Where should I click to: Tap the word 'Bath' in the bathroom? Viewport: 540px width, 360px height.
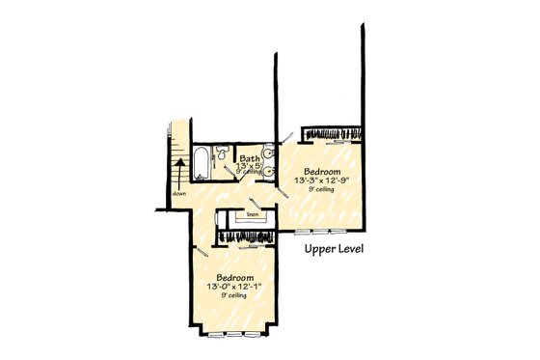click(x=249, y=158)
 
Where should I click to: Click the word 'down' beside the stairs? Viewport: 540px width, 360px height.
click(x=179, y=193)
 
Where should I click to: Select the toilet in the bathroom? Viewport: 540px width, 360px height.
click(x=221, y=152)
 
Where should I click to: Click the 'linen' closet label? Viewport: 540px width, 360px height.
click(x=252, y=214)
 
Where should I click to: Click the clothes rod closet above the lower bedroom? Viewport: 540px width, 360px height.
click(x=245, y=235)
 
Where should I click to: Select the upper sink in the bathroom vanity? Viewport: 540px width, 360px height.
click(x=266, y=152)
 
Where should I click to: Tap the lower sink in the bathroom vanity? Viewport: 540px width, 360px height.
click(x=266, y=171)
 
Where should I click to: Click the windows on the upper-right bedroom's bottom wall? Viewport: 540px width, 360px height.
click(x=322, y=233)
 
